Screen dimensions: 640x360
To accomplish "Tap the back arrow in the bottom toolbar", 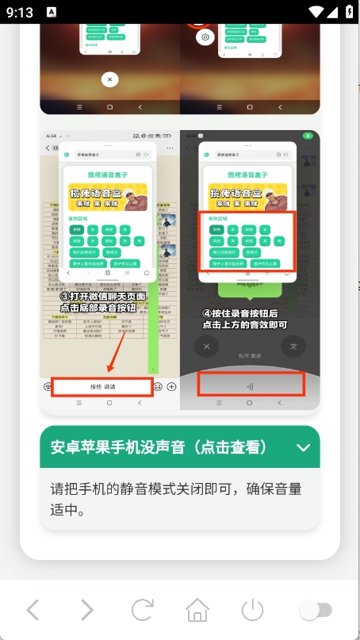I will (x=33, y=610).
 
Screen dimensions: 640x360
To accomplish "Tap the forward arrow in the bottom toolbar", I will (x=86, y=610).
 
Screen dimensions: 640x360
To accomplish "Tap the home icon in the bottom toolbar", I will (x=197, y=610).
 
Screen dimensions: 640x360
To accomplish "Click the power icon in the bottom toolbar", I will (x=252, y=610).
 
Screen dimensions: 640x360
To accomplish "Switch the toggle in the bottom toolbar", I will (x=315, y=610).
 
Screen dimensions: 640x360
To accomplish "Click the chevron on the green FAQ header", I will (x=303, y=447).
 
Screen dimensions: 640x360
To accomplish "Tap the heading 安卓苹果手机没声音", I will (x=158, y=447).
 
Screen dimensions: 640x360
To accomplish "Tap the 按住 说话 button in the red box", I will (x=102, y=386).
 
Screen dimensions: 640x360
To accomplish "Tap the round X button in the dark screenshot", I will (x=207, y=347).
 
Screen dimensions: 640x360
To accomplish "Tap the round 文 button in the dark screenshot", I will (x=293, y=347).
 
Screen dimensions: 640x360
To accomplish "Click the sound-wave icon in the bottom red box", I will (x=251, y=386).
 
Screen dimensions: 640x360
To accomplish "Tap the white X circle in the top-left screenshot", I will (x=109, y=79).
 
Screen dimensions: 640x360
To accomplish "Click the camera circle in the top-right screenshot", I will (x=205, y=37).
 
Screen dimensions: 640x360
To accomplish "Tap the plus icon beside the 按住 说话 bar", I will (x=171, y=386).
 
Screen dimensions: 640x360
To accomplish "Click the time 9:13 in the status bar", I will (x=22, y=11).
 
